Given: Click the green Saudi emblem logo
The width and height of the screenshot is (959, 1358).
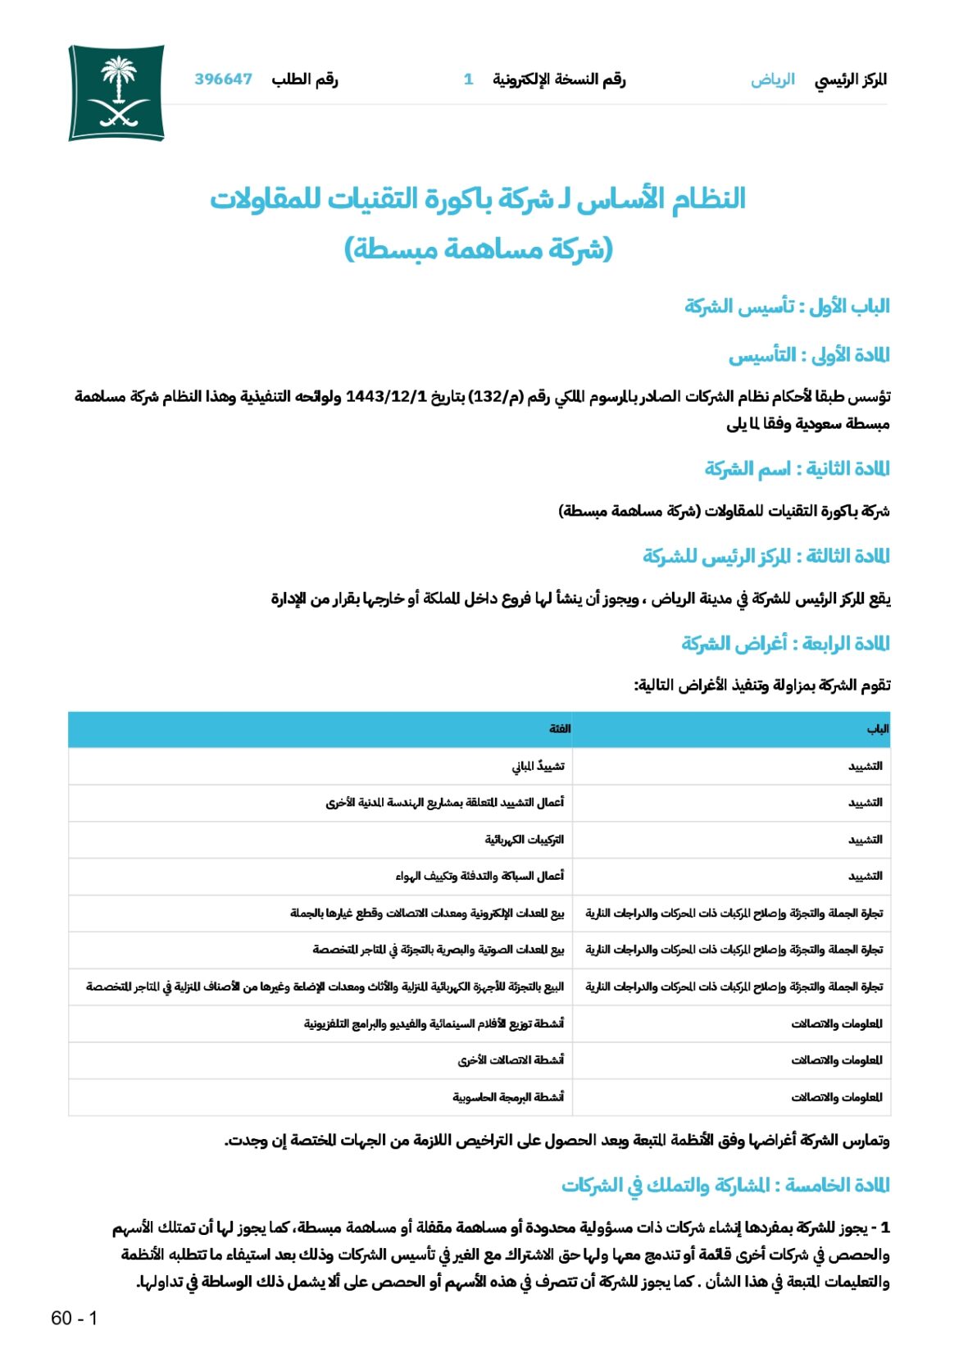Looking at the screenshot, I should click(116, 93).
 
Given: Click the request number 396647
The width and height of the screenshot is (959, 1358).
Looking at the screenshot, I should click(223, 80).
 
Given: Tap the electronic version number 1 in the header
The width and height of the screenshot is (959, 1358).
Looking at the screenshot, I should click(468, 80).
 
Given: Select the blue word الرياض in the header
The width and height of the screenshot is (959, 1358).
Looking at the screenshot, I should click(772, 80).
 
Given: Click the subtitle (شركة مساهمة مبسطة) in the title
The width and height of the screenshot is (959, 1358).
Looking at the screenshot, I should click(479, 248).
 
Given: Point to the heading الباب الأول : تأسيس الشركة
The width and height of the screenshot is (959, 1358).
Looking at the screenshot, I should click(787, 306).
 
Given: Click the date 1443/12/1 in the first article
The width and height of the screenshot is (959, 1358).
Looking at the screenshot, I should click(387, 397).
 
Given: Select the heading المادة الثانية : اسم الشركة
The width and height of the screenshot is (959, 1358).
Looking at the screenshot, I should click(797, 468).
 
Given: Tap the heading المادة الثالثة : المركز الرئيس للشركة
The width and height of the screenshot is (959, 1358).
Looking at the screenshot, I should click(766, 556).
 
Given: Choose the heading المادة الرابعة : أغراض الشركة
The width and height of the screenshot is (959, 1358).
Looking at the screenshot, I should click(785, 643).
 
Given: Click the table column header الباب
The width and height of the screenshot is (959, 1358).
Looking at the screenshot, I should click(877, 729).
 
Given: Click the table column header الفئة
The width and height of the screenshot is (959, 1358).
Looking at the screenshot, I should click(560, 729).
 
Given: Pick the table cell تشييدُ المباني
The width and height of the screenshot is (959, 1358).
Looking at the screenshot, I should click(538, 766).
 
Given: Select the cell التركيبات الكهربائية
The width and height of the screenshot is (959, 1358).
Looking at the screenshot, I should click(524, 840).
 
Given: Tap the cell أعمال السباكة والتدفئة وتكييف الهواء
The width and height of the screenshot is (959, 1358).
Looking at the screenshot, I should click(479, 876).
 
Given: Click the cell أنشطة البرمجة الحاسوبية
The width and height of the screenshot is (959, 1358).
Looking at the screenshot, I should click(508, 1096).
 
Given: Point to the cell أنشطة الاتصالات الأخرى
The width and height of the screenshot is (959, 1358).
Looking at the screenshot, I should click(511, 1060).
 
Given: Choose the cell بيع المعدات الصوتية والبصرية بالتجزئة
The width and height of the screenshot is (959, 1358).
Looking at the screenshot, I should click(438, 950).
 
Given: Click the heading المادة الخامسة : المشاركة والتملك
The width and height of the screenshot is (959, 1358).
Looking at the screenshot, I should click(725, 1185).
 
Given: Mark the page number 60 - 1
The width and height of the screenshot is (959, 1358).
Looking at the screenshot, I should click(74, 1318).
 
